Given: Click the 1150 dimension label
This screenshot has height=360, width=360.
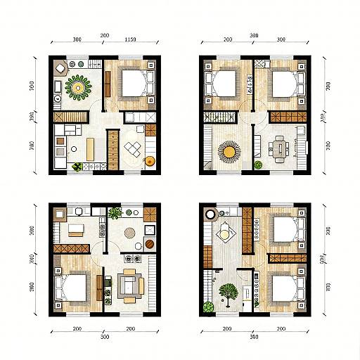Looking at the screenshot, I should pyautogui.click(x=131, y=41).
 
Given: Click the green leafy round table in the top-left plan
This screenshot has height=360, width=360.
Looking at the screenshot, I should pyautogui.click(x=77, y=87).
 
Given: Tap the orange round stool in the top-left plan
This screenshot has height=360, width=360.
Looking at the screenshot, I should pyautogui.click(x=150, y=161).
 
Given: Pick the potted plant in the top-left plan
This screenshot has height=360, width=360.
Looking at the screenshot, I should pyautogui.click(x=77, y=167).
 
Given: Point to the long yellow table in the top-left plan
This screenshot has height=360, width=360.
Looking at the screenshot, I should pyautogui.click(x=91, y=148).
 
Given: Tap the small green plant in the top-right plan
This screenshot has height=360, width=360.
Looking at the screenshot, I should pyautogui.click(x=258, y=165).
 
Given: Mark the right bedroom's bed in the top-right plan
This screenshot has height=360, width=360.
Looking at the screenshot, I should pyautogui.click(x=284, y=84).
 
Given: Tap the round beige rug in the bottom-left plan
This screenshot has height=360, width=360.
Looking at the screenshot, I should pyautogui.click(x=131, y=233).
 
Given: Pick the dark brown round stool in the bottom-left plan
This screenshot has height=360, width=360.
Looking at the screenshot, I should pyautogui.click(x=149, y=244).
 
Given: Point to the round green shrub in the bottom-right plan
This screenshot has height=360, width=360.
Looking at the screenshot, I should pyautogui.click(x=208, y=307).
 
